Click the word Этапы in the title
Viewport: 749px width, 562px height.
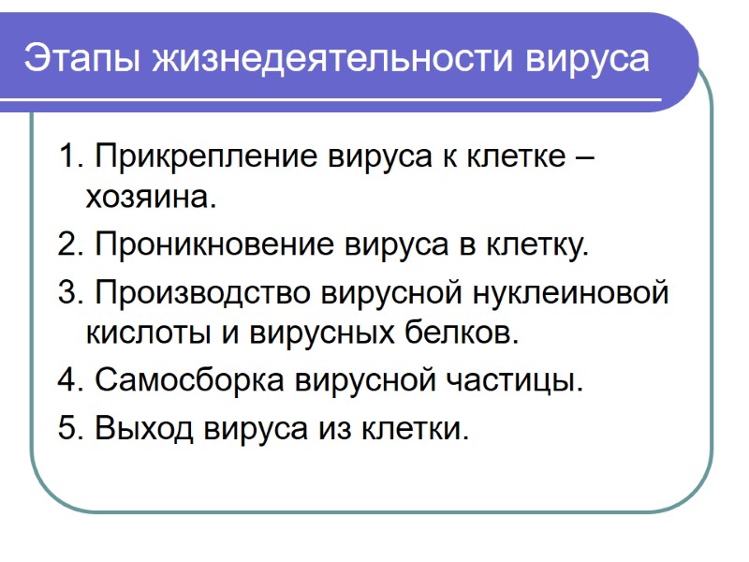tap(80, 58)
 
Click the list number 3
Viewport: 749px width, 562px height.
tap(69, 292)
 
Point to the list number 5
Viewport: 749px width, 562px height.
tap(69, 428)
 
